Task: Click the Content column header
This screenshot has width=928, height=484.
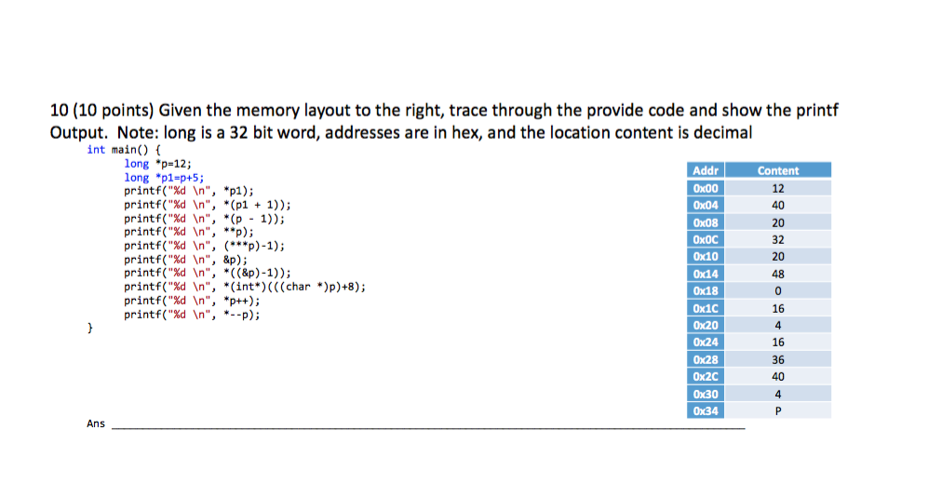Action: tap(778, 171)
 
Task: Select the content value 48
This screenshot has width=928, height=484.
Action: tap(778, 274)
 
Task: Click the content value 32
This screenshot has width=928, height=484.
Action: tap(778, 239)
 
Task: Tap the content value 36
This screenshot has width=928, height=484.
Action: tap(778, 359)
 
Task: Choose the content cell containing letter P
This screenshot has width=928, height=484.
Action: tap(778, 410)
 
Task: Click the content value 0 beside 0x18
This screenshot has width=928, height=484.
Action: tap(778, 291)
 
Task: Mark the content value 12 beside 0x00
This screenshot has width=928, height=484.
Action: tap(778, 188)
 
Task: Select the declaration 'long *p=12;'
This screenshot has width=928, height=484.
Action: tap(158, 163)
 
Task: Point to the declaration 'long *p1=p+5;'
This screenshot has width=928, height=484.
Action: tap(164, 176)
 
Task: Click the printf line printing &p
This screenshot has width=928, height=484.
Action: tap(185, 261)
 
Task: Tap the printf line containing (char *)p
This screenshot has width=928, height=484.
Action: tap(244, 288)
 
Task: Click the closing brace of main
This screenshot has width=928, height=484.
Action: tap(90, 329)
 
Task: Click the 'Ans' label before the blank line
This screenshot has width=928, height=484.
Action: tap(96, 424)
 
